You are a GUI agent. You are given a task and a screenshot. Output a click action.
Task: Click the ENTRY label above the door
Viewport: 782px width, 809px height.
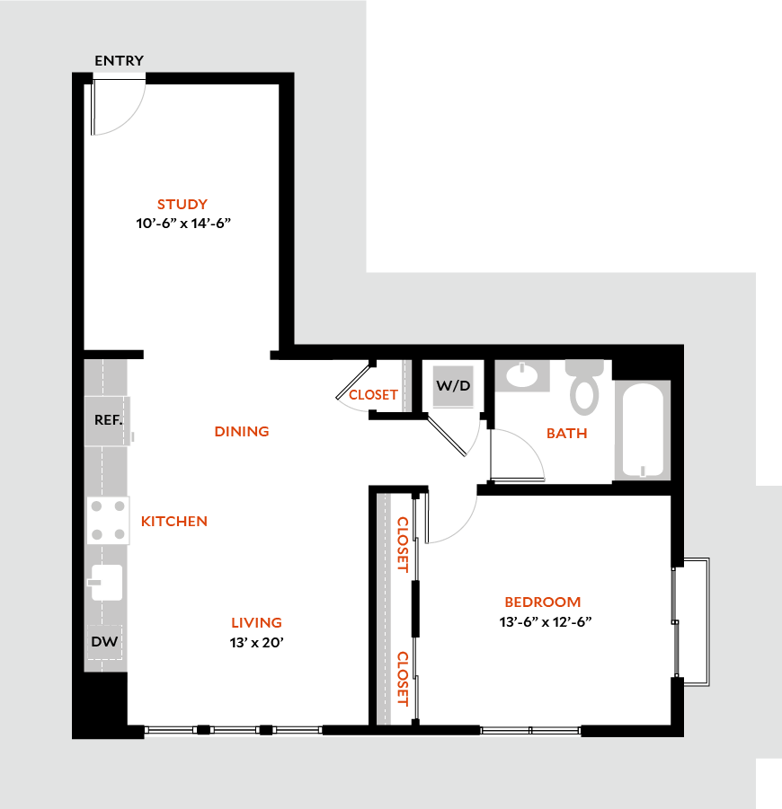coord(119,61)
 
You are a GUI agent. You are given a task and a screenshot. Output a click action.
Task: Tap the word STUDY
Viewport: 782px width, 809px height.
coord(182,204)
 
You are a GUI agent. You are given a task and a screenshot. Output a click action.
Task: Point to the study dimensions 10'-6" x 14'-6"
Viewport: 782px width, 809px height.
coord(191,223)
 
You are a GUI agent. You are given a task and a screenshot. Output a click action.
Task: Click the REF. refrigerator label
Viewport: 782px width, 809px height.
coord(108,419)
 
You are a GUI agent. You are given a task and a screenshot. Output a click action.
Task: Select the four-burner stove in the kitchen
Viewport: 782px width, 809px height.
coord(108,520)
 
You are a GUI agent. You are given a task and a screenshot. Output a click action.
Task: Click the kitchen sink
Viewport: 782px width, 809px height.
coord(106,582)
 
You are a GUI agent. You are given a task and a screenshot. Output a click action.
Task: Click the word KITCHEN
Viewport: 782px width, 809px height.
coord(174,521)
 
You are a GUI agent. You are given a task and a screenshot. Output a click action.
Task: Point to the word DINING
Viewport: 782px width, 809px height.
coord(242,431)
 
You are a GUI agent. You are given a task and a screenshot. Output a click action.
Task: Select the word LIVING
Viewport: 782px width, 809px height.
coord(256,622)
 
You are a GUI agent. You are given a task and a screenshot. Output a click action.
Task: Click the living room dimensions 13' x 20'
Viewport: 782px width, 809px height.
coord(256,642)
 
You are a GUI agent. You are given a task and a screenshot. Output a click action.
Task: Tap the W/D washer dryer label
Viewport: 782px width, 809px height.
coord(453,385)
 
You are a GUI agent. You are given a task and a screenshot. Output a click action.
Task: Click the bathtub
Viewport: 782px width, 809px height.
coord(642,429)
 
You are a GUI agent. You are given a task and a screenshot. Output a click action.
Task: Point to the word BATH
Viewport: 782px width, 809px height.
coord(567,433)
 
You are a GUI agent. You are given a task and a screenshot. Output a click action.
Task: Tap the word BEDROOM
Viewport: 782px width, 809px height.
coord(542,602)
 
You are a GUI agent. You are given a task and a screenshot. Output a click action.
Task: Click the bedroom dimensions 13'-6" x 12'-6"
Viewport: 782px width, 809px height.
coord(542,620)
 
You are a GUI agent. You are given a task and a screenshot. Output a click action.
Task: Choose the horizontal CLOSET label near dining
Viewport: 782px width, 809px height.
coord(373,395)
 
